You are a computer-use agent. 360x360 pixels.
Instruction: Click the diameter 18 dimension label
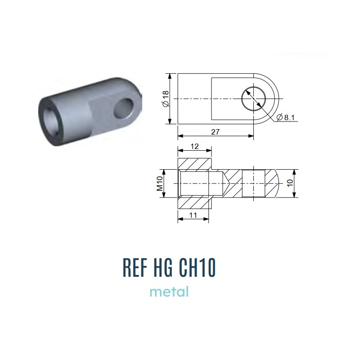click(x=166, y=99)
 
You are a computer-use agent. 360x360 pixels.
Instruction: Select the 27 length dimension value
click(x=216, y=132)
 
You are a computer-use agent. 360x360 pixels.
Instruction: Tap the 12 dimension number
click(x=194, y=147)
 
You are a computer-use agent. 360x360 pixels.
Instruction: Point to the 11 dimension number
click(x=193, y=216)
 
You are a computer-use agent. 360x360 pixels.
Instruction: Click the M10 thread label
click(x=160, y=184)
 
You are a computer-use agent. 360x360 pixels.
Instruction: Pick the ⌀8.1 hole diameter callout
click(x=286, y=117)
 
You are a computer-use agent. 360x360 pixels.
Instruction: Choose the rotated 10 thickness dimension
click(x=290, y=183)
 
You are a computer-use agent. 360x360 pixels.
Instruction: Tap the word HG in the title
click(x=163, y=268)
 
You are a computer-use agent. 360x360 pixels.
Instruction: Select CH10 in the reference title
click(x=197, y=268)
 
